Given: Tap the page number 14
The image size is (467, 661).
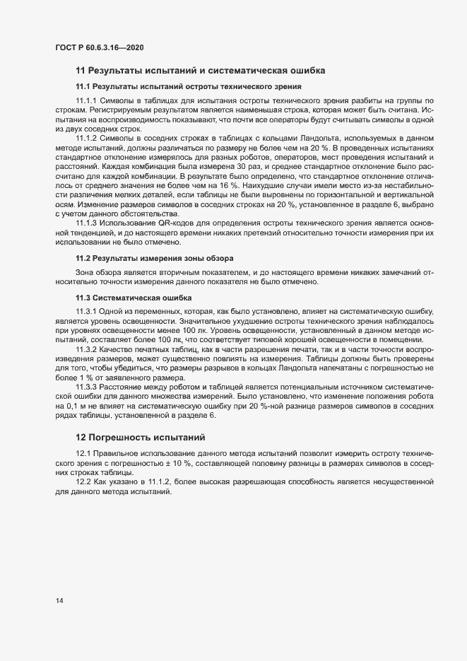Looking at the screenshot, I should point(59,601).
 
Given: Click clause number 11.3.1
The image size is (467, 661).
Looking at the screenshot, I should point(85,312).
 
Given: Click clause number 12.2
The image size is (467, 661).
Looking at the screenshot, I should point(83,481).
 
